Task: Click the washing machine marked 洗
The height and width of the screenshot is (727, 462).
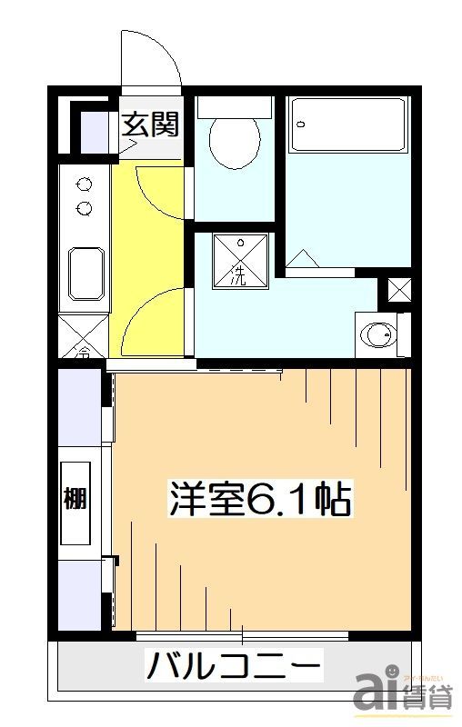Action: point(242,262)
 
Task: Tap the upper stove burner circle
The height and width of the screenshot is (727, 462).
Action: point(85,183)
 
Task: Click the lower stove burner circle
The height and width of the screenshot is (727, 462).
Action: point(85,208)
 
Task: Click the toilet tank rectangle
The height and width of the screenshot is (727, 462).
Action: point(235,105)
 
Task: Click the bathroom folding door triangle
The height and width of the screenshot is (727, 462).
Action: point(304,260)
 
